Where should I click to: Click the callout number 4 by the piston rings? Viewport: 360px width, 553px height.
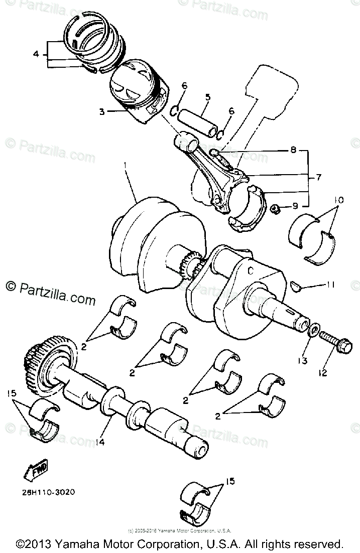[x=36, y=53]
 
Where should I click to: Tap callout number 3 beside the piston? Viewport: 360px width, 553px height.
[x=102, y=111]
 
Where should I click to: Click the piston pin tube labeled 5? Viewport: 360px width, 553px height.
[x=201, y=120]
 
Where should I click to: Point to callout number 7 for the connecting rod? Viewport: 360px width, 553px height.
[x=318, y=177]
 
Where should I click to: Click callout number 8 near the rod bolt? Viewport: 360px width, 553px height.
[x=293, y=149]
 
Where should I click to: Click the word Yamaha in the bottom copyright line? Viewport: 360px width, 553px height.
[x=75, y=544]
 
